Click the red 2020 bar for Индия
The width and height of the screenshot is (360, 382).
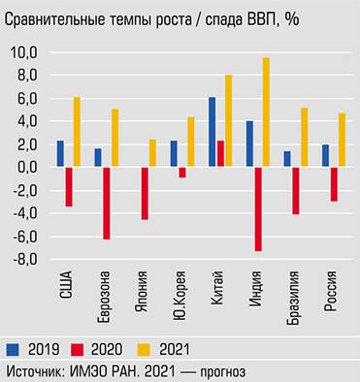pos(259,208)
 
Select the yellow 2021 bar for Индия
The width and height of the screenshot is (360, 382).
pos(266,112)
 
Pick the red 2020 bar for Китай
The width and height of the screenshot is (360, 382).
pos(220,154)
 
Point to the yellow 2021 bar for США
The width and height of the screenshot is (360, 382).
pos(77,132)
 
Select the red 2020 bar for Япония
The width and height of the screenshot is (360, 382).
pos(145,193)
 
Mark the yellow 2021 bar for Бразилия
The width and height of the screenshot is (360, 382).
pos(304,138)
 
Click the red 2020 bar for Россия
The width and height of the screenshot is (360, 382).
pos(335,184)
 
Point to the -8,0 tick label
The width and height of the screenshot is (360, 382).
pos(23,260)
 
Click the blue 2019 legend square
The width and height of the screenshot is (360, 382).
pos(14,347)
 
